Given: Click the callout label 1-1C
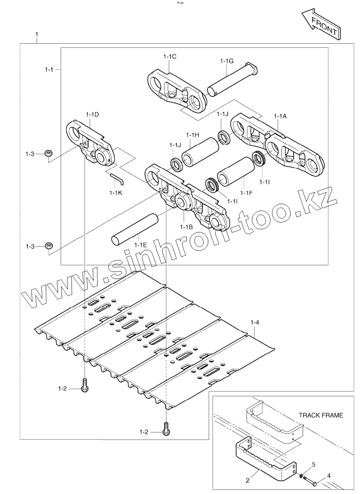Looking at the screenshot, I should coord(170,57).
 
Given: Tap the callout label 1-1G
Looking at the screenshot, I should coord(227,61).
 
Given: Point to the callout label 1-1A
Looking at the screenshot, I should coord(280,116).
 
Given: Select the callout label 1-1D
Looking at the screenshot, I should coord(92,114).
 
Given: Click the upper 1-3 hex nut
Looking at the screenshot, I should coord(48,153).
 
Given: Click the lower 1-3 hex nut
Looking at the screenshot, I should coord(48,246).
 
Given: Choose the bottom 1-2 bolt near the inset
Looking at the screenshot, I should coord(166,429).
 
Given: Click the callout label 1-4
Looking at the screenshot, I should coord(255,322).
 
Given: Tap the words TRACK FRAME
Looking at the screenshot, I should coord(321,415).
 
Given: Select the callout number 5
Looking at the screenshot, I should coord(314,464).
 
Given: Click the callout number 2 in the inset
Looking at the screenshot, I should coord(247,481).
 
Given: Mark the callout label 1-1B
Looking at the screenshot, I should coord(186,227).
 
